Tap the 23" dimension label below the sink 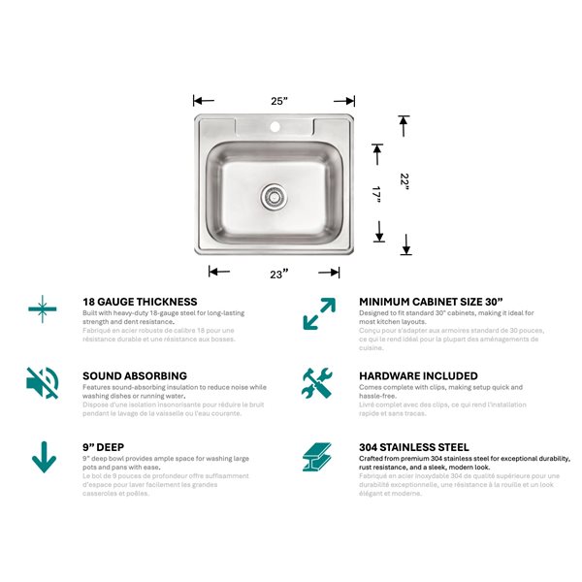coord(279,274)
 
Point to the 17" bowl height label coord(378,194)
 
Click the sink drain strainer coord(274,197)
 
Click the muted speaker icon coord(42,382)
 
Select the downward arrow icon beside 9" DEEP coord(44,456)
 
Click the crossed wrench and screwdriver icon coord(317,382)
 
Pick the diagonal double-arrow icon coord(318,312)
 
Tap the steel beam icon coord(317,456)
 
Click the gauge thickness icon coord(42,308)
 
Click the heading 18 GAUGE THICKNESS coord(140,302)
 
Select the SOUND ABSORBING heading coord(135,375)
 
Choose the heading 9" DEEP coord(106,449)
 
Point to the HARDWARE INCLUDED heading coord(418,375)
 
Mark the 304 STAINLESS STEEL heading coord(413,449)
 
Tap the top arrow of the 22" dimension coord(405,121)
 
